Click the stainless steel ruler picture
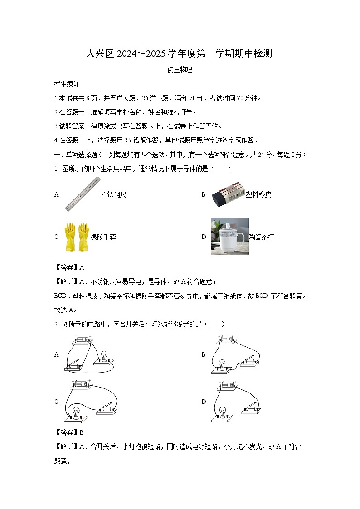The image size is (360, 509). point(82,194)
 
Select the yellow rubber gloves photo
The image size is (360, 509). point(76,237)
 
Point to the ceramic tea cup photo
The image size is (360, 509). point(229,236)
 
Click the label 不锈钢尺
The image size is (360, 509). point(113,195)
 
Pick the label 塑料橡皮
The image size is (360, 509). point(258,195)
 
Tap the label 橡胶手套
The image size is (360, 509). point(103,237)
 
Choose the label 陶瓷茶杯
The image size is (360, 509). point(261,237)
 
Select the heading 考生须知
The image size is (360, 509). point(67,84)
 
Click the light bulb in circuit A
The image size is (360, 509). point(104,356)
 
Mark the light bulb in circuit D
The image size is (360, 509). point(223,411)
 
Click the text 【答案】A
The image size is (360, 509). point(69,267)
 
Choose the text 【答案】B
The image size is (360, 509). point(69,432)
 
